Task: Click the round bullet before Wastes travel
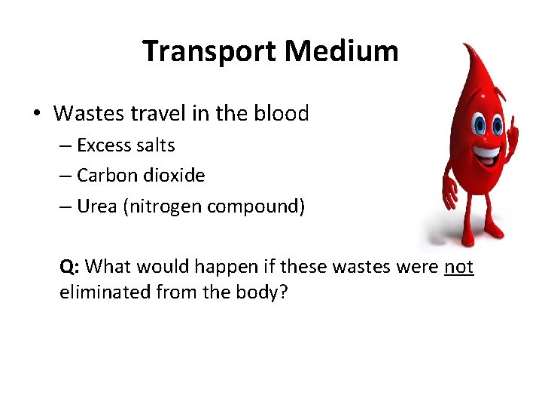(x=36, y=115)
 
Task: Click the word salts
(x=154, y=145)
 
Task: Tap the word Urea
(x=95, y=207)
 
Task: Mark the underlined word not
(x=459, y=267)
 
